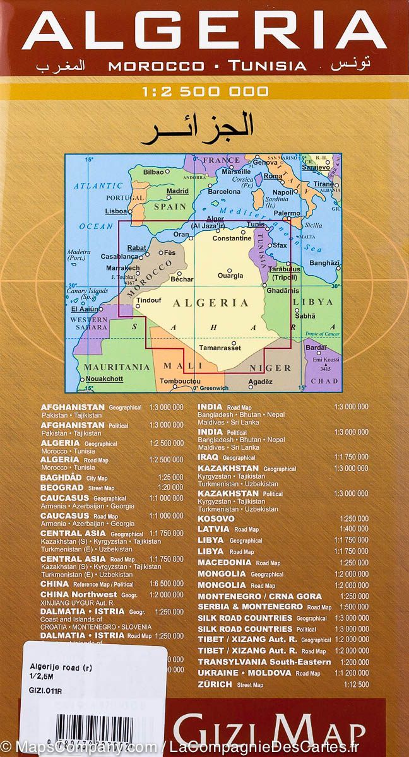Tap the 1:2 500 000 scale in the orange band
coord(204,91)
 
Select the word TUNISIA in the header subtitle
coord(268,66)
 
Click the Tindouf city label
coord(149,300)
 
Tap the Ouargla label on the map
coord(230,276)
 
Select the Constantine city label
coord(232,238)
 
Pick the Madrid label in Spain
coord(177,191)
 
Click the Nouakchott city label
coord(104,378)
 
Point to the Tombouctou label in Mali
coord(180,381)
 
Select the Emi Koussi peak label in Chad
coord(324,359)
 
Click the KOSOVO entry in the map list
coord(216,519)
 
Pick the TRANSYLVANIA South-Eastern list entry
coord(264,662)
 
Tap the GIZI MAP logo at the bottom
coord(269,734)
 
